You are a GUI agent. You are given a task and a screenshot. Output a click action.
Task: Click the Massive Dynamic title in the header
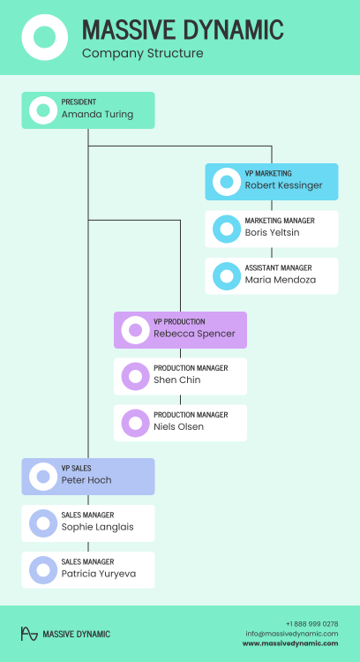click(x=183, y=29)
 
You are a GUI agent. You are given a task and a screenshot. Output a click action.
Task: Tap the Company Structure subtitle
click(x=143, y=54)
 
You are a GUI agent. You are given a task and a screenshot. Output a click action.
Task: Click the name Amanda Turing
click(x=97, y=115)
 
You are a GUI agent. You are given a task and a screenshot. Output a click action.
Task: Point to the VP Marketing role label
click(x=268, y=174)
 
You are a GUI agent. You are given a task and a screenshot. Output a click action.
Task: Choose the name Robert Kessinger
click(x=283, y=185)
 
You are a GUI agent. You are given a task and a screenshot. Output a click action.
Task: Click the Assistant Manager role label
click(x=278, y=268)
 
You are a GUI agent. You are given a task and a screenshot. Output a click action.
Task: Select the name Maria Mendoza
click(x=281, y=280)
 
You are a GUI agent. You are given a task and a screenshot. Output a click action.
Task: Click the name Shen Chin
click(x=176, y=380)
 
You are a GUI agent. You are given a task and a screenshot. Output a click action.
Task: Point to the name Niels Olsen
click(x=178, y=427)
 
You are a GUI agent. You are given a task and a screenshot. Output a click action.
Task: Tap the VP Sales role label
click(x=76, y=468)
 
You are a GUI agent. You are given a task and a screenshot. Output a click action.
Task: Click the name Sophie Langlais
click(x=97, y=527)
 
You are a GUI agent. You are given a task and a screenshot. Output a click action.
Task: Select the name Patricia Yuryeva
click(x=99, y=574)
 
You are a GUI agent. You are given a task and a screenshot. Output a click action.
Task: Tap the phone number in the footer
click(x=311, y=624)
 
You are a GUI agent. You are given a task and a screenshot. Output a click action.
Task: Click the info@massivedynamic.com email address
click(x=292, y=634)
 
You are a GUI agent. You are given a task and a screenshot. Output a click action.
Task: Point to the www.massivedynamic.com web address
click(x=290, y=643)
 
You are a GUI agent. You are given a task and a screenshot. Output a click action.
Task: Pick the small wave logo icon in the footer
click(x=29, y=634)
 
